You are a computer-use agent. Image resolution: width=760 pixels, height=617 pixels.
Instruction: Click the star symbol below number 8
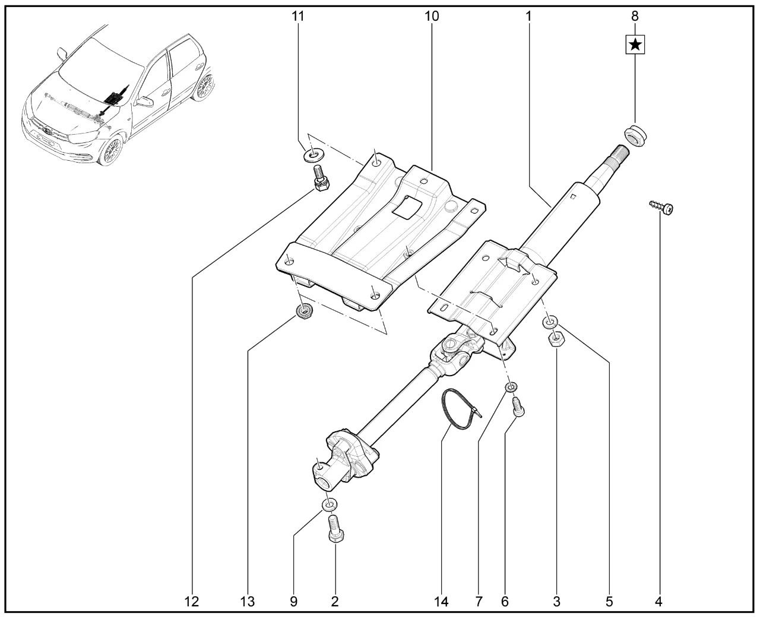(x=635, y=44)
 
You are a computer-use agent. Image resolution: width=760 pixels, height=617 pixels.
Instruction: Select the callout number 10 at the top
(x=432, y=16)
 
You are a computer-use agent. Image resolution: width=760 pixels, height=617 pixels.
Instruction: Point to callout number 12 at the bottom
(x=191, y=602)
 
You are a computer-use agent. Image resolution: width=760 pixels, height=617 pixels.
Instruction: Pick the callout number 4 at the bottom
(x=658, y=602)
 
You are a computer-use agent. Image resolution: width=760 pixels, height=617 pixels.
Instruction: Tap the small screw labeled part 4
(x=664, y=207)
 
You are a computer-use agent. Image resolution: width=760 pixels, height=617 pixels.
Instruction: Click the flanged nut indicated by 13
(x=305, y=310)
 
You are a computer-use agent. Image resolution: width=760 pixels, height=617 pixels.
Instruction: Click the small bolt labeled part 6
(x=517, y=408)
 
